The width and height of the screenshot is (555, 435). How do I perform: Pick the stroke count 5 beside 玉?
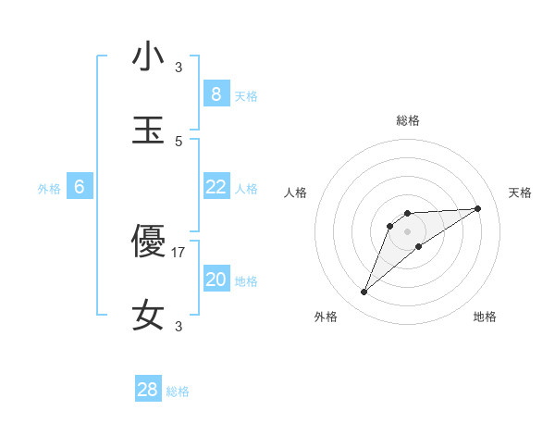(x=179, y=141)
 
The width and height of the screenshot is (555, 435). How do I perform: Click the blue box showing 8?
(x=216, y=94)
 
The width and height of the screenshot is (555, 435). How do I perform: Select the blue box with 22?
(x=216, y=187)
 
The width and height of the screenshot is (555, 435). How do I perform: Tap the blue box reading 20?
(x=216, y=280)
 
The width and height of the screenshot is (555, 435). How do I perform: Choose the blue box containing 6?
(x=80, y=187)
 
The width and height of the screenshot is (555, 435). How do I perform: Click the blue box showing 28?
(x=148, y=390)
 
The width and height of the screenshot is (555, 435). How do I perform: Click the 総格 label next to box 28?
(x=178, y=391)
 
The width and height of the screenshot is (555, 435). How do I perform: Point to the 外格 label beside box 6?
(x=49, y=189)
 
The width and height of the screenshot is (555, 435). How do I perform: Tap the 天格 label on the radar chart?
(x=521, y=193)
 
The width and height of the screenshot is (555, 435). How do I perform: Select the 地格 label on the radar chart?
(x=485, y=317)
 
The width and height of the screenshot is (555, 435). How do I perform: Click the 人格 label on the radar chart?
(x=296, y=193)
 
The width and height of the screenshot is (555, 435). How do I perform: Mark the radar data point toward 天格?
(x=478, y=208)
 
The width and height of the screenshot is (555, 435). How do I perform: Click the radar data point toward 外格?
(x=364, y=292)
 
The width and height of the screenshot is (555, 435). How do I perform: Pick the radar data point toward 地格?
(x=419, y=246)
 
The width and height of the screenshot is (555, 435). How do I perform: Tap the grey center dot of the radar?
(x=407, y=230)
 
